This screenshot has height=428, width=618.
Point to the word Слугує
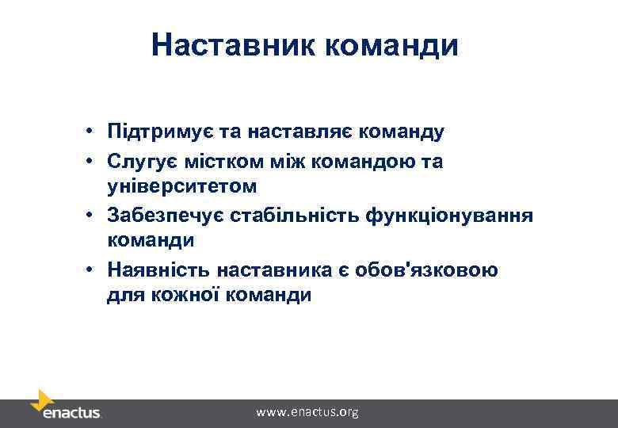(x=138, y=162)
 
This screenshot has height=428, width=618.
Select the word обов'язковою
(x=437, y=270)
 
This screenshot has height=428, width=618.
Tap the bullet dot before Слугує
(x=92, y=162)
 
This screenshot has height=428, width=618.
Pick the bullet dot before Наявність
(x=92, y=270)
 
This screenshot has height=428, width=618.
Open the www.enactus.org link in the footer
(x=307, y=412)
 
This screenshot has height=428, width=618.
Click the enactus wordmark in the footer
(x=71, y=413)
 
